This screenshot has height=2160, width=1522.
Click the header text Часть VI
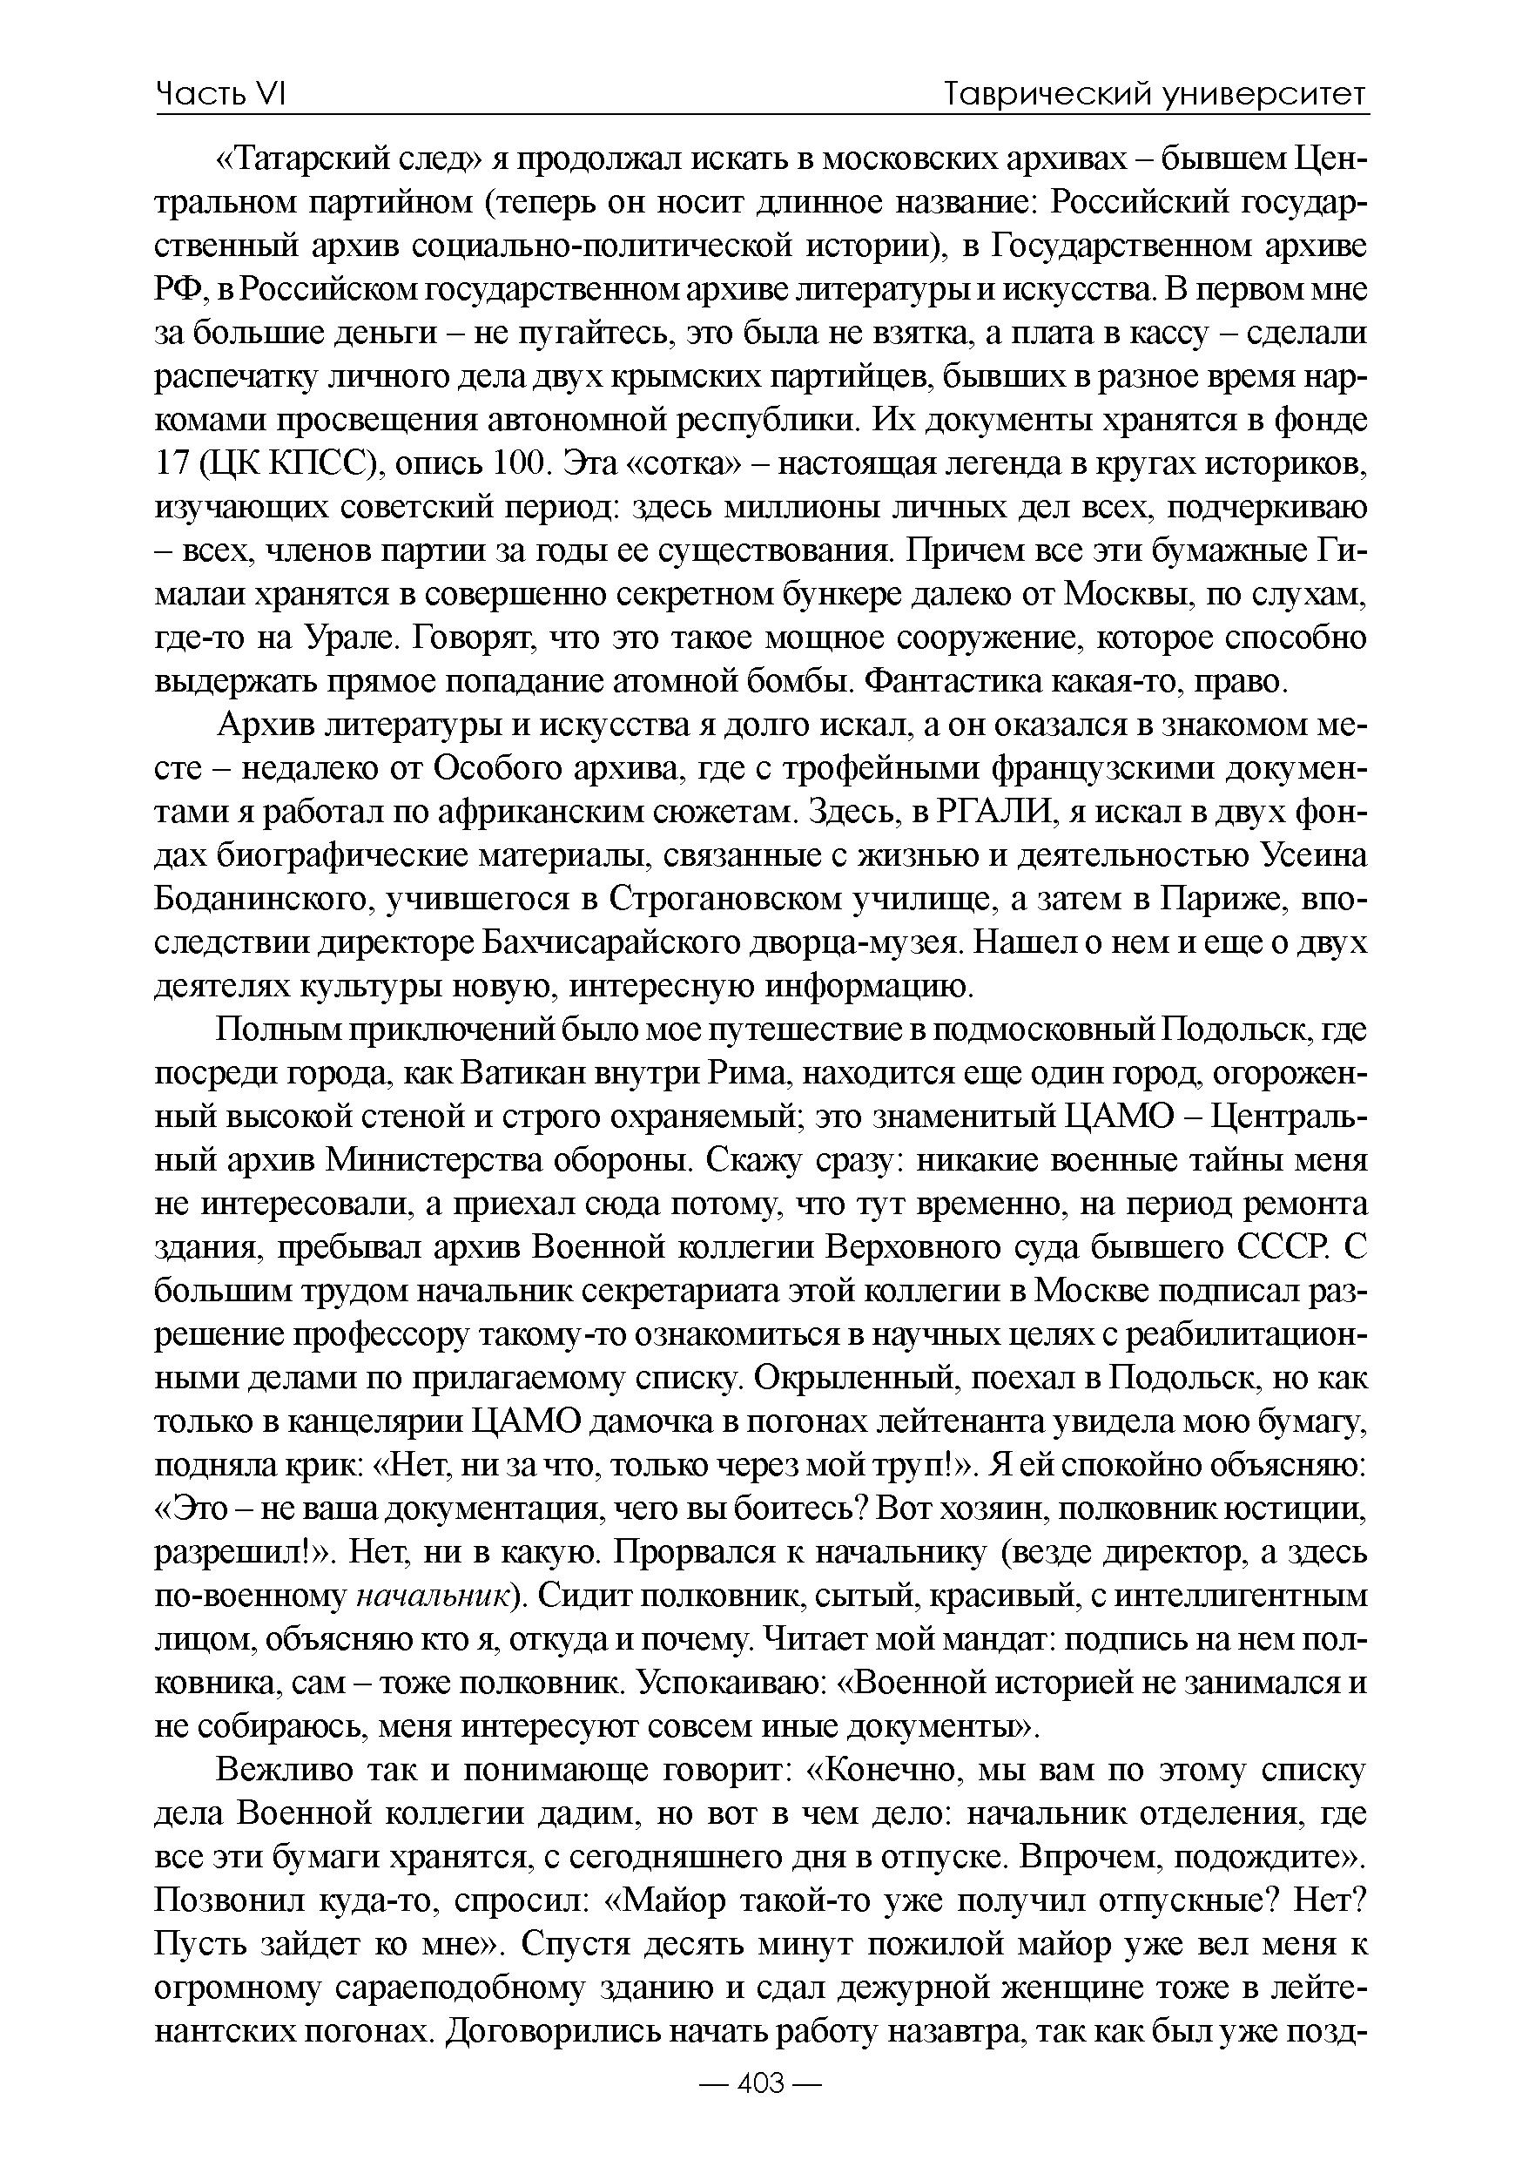(x=220, y=94)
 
